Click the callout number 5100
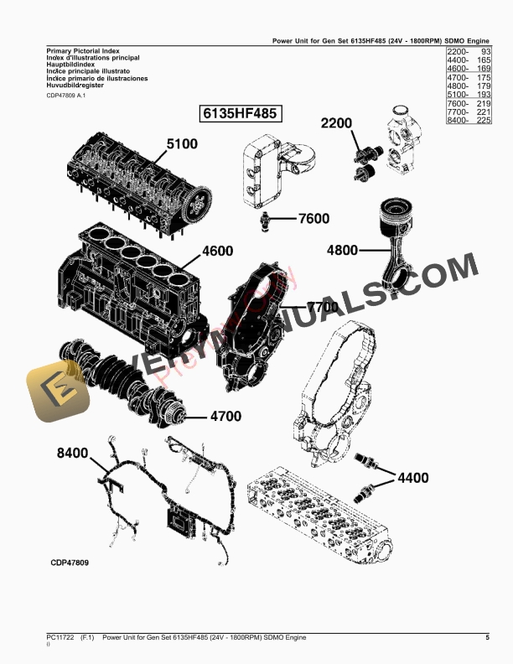182,144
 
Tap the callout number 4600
216,250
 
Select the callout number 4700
225,416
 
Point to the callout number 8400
73,453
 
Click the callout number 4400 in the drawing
412,478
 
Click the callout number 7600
313,219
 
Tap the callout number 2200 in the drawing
337,123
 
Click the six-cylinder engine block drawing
130,289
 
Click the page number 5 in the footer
487,639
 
